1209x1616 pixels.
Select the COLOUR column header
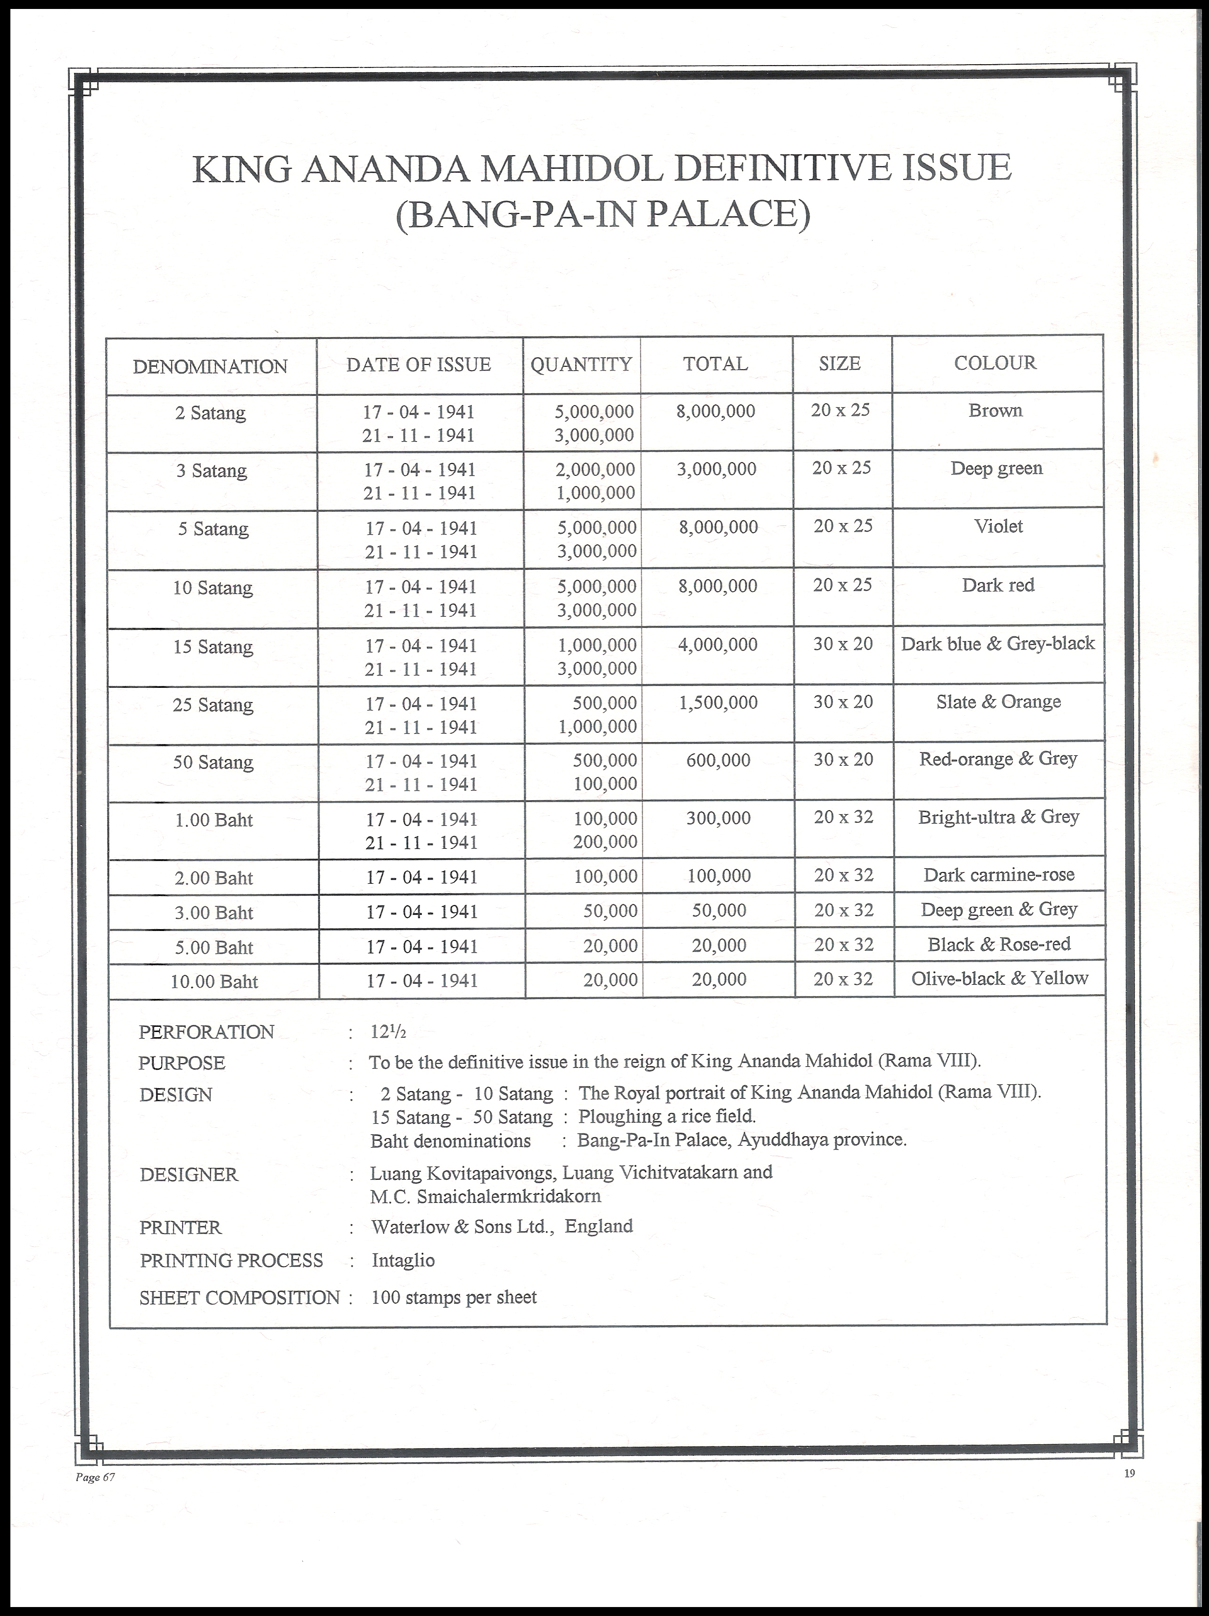point(995,363)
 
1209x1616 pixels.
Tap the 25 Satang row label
point(212,705)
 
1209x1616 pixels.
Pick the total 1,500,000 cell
point(718,703)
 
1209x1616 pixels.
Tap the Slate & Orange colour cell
point(998,702)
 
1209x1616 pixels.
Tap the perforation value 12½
point(388,1032)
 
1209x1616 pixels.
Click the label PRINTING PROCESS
point(231,1260)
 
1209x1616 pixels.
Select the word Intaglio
point(403,1260)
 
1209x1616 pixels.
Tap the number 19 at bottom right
point(1129,1473)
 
